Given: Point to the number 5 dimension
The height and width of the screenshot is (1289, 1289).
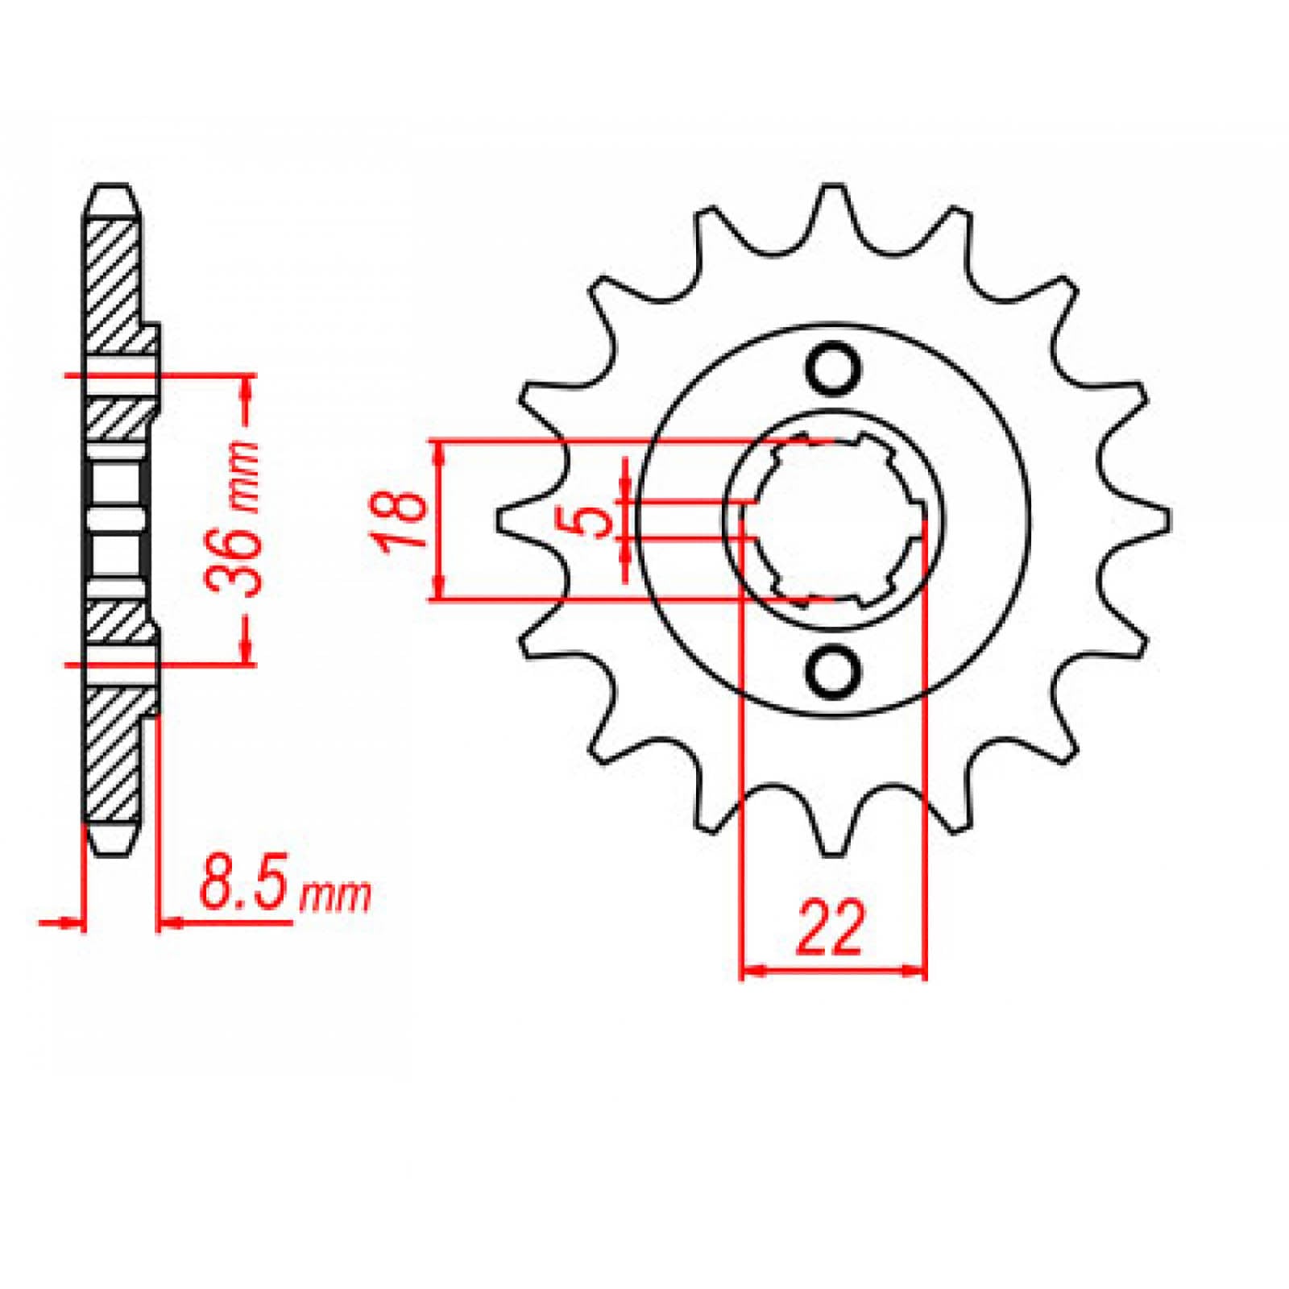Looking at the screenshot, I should [595, 520].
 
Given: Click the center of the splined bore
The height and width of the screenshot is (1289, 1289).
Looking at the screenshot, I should [833, 520].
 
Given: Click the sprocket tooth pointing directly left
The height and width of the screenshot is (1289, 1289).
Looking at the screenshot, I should [504, 520].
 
